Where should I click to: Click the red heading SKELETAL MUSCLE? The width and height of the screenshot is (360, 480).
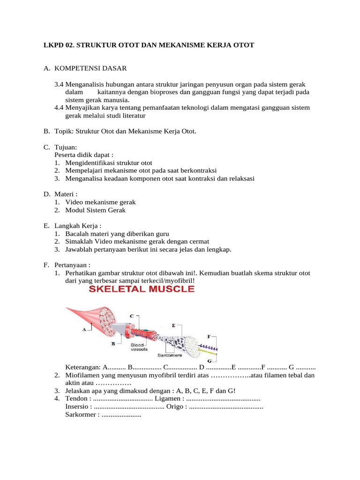pyautogui.click(x=141, y=289)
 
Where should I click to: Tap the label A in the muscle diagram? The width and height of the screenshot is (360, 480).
pyautogui.click(x=84, y=329)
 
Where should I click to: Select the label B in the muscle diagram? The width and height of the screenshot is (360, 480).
pyautogui.click(x=113, y=343)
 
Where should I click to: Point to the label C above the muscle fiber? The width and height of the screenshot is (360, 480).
pyautogui.click(x=132, y=315)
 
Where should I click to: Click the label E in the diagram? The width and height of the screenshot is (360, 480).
pyautogui.click(x=174, y=325)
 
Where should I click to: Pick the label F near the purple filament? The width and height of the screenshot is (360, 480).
pyautogui.click(x=209, y=337)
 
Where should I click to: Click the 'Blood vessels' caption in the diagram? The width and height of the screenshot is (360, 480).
pyautogui.click(x=139, y=347)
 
